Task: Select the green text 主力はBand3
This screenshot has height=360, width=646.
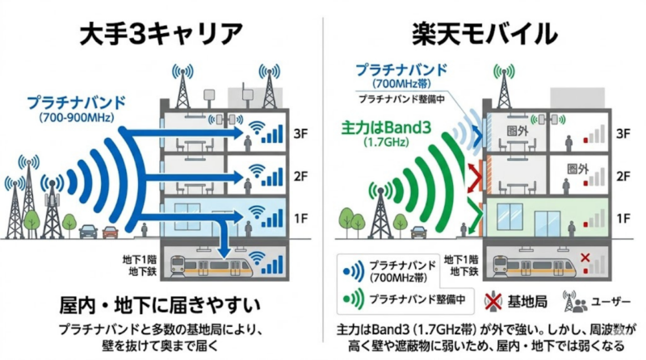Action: pos(375,127)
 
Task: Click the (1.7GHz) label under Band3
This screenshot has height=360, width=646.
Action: pos(374,143)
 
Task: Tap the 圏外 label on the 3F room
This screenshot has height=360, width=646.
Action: pos(516,129)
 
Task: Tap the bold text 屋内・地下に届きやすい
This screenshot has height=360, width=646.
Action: pos(161,306)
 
